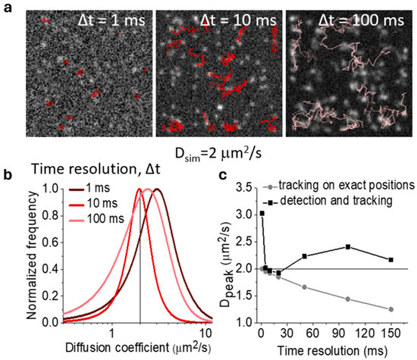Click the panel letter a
tap(8, 8)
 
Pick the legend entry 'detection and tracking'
tap(321, 202)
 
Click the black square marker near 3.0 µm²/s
tap(262, 213)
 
